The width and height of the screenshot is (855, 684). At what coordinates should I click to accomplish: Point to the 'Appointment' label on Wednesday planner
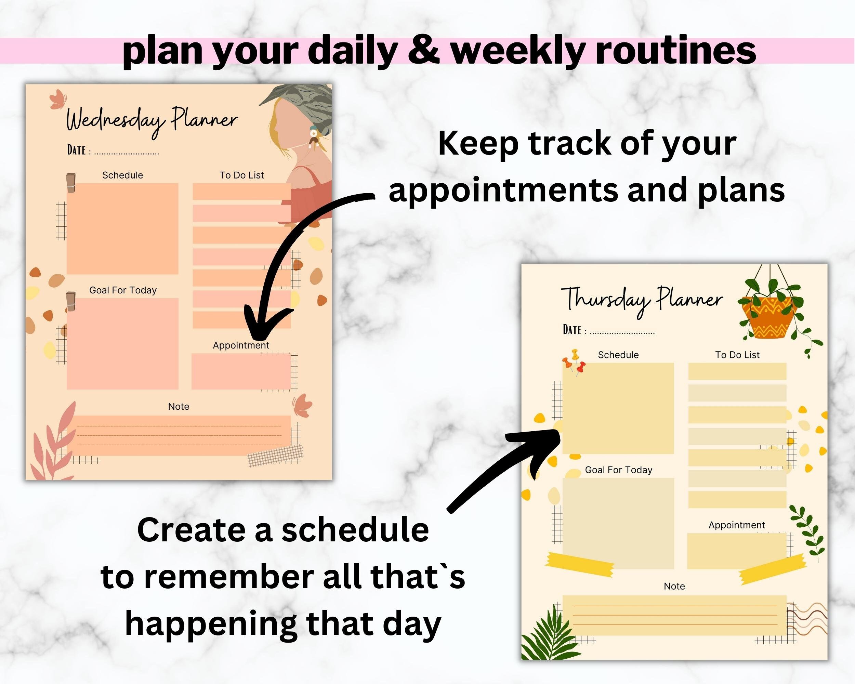tap(241, 345)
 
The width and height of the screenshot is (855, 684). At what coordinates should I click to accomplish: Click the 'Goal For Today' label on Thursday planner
tap(618, 470)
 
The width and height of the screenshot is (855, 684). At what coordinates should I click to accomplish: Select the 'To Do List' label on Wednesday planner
tap(241, 175)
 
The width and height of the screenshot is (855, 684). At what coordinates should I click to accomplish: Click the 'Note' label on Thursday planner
tap(674, 586)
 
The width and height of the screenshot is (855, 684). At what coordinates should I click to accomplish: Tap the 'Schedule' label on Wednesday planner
tap(122, 175)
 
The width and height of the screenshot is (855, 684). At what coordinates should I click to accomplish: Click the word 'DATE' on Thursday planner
tap(572, 330)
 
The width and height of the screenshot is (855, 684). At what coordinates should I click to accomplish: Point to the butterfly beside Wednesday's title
tap(58, 99)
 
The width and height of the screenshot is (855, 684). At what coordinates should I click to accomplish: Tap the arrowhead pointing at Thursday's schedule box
tap(543, 444)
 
